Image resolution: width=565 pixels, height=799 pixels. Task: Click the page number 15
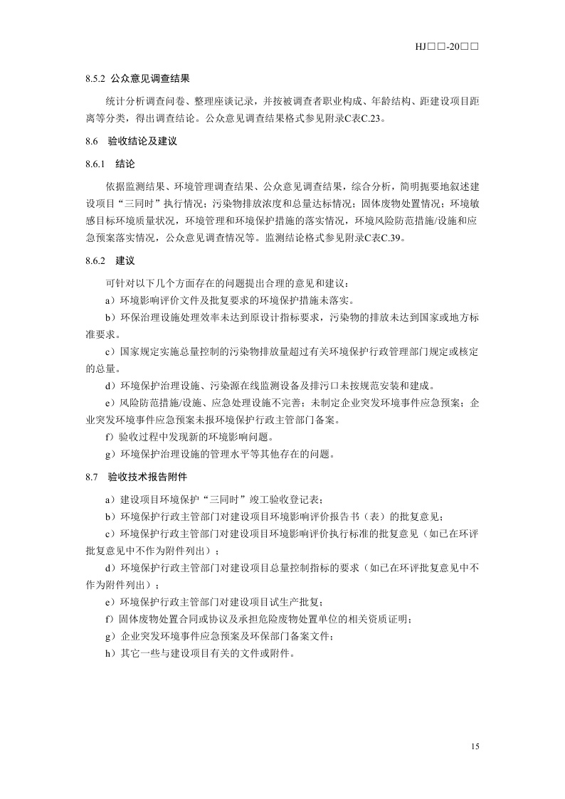click(x=475, y=746)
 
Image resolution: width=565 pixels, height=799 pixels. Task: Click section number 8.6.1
click(x=95, y=163)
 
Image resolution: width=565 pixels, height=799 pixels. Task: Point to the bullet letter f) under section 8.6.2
click(x=109, y=436)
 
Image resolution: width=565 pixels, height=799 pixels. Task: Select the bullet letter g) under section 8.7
click(x=109, y=636)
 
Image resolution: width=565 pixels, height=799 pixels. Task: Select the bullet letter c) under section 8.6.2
click(x=109, y=352)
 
